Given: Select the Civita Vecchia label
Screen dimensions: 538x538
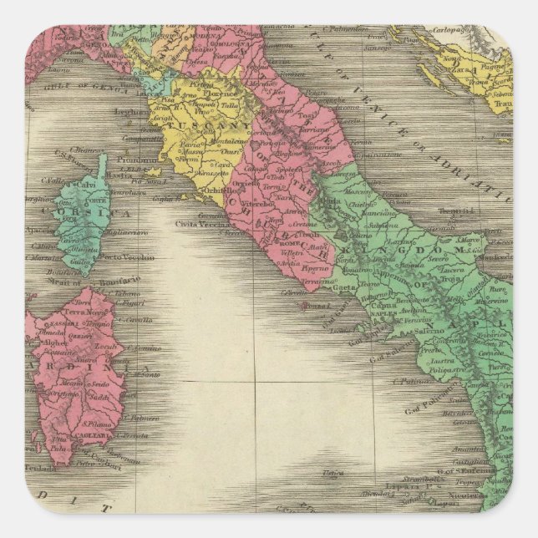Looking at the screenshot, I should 200,221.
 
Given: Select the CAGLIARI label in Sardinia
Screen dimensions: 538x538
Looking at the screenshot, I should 84,434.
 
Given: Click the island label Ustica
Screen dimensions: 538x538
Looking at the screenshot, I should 332,473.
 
